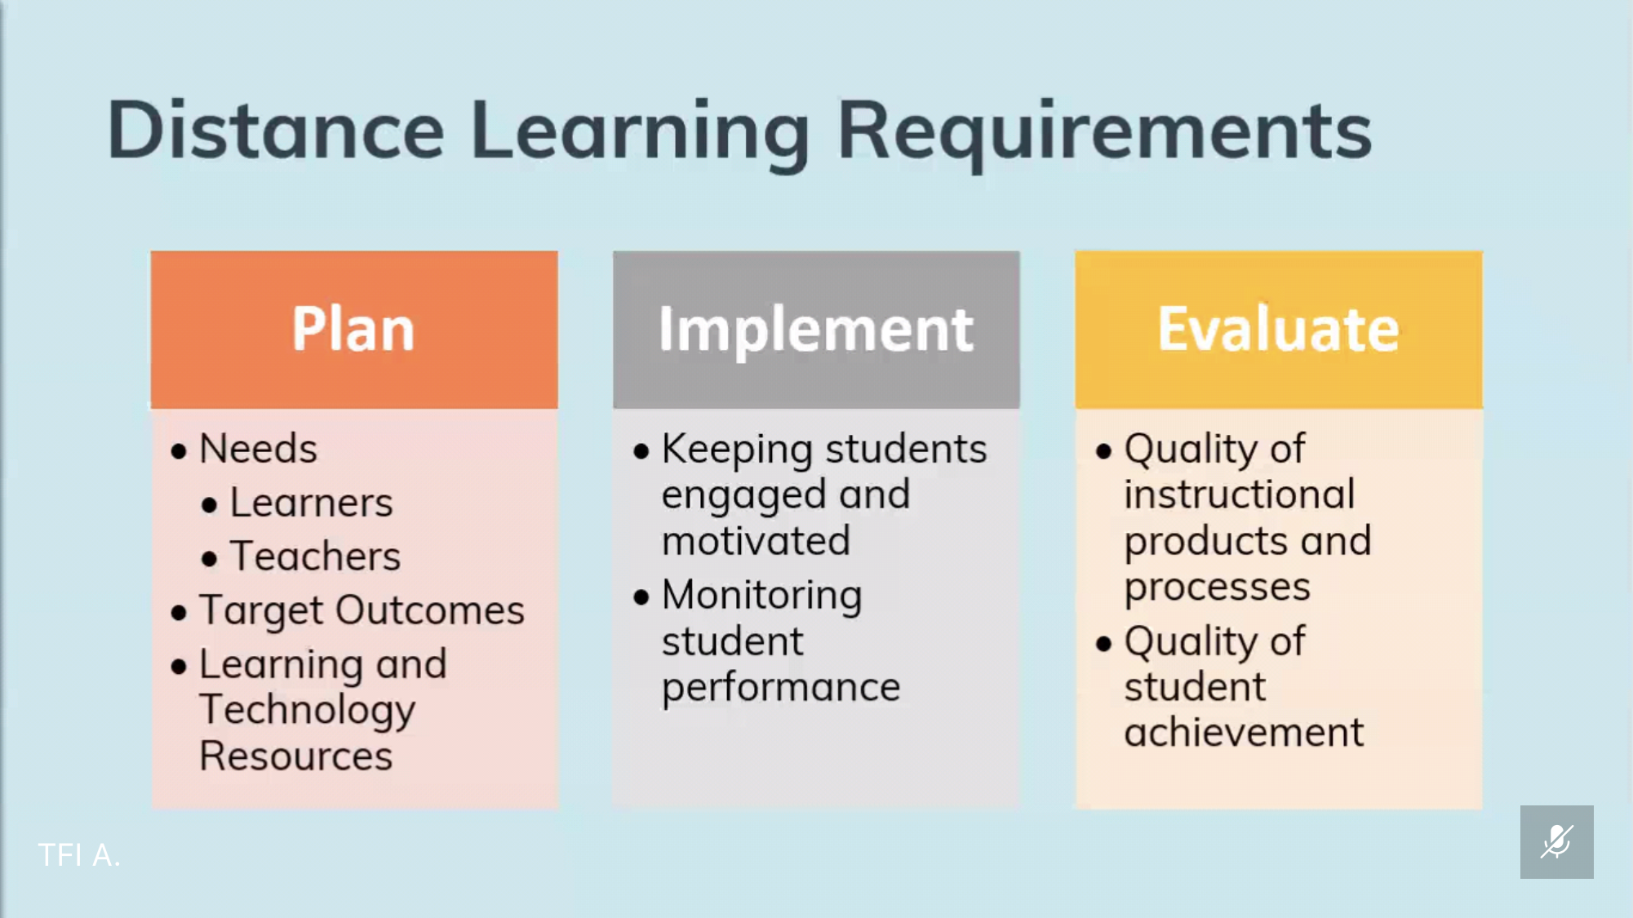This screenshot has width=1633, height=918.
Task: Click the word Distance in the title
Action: [x=276, y=130]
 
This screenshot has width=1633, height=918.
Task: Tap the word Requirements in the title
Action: [x=1105, y=134]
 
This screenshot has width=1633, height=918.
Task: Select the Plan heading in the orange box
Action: [x=353, y=329]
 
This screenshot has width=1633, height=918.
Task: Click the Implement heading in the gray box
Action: [x=816, y=331]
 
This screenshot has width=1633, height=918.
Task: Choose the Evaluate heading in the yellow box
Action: [x=1278, y=329]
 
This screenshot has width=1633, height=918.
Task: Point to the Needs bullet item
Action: [x=258, y=449]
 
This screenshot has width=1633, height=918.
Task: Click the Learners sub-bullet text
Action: [x=311, y=503]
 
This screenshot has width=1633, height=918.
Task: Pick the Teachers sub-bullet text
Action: [x=315, y=557]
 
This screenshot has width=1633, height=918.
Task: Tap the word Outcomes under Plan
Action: [x=430, y=610]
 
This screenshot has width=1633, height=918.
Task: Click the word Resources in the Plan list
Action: [x=296, y=756]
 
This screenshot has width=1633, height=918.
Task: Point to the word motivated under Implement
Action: [x=756, y=541]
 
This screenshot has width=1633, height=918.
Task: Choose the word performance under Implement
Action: [x=781, y=688]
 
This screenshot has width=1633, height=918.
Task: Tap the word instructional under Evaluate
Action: [x=1240, y=494]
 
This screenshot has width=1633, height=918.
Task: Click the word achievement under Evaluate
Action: [x=1244, y=732]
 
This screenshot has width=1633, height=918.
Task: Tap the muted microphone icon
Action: [x=1556, y=841]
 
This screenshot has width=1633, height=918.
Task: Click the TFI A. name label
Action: [x=79, y=855]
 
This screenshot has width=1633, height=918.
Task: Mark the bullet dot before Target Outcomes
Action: [x=180, y=613]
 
